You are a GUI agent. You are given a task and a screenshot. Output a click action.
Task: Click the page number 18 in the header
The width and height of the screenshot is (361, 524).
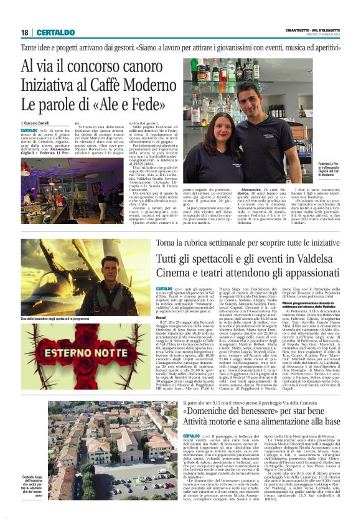(24, 32)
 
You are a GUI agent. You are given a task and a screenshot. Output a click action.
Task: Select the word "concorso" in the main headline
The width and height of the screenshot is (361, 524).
(90, 65)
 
